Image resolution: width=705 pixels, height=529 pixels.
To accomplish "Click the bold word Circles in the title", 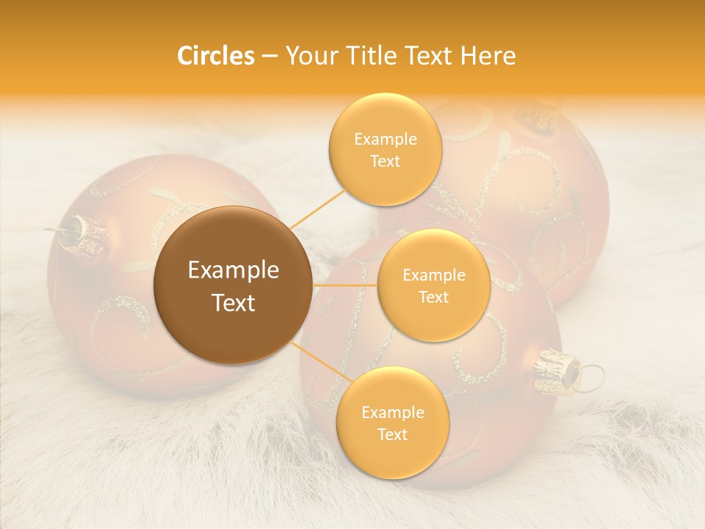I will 216,56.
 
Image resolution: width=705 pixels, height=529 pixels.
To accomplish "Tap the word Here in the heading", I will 488,56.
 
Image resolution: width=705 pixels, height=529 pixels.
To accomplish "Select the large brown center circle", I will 233,284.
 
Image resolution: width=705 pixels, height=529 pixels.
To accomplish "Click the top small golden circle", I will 385,149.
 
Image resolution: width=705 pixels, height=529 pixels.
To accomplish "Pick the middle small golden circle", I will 433,285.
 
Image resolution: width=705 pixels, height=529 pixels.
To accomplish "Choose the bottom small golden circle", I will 392,422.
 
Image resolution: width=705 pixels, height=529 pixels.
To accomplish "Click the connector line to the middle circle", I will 344,285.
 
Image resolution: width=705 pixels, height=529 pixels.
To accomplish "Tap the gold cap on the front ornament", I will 556,370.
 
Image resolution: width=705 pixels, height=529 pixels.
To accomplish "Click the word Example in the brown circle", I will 233,270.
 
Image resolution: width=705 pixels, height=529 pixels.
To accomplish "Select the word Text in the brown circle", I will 233,303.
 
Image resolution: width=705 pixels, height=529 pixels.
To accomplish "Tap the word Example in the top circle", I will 385,140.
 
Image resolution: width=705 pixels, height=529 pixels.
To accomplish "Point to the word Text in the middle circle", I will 433,297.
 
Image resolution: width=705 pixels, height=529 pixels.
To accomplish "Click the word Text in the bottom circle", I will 392,434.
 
